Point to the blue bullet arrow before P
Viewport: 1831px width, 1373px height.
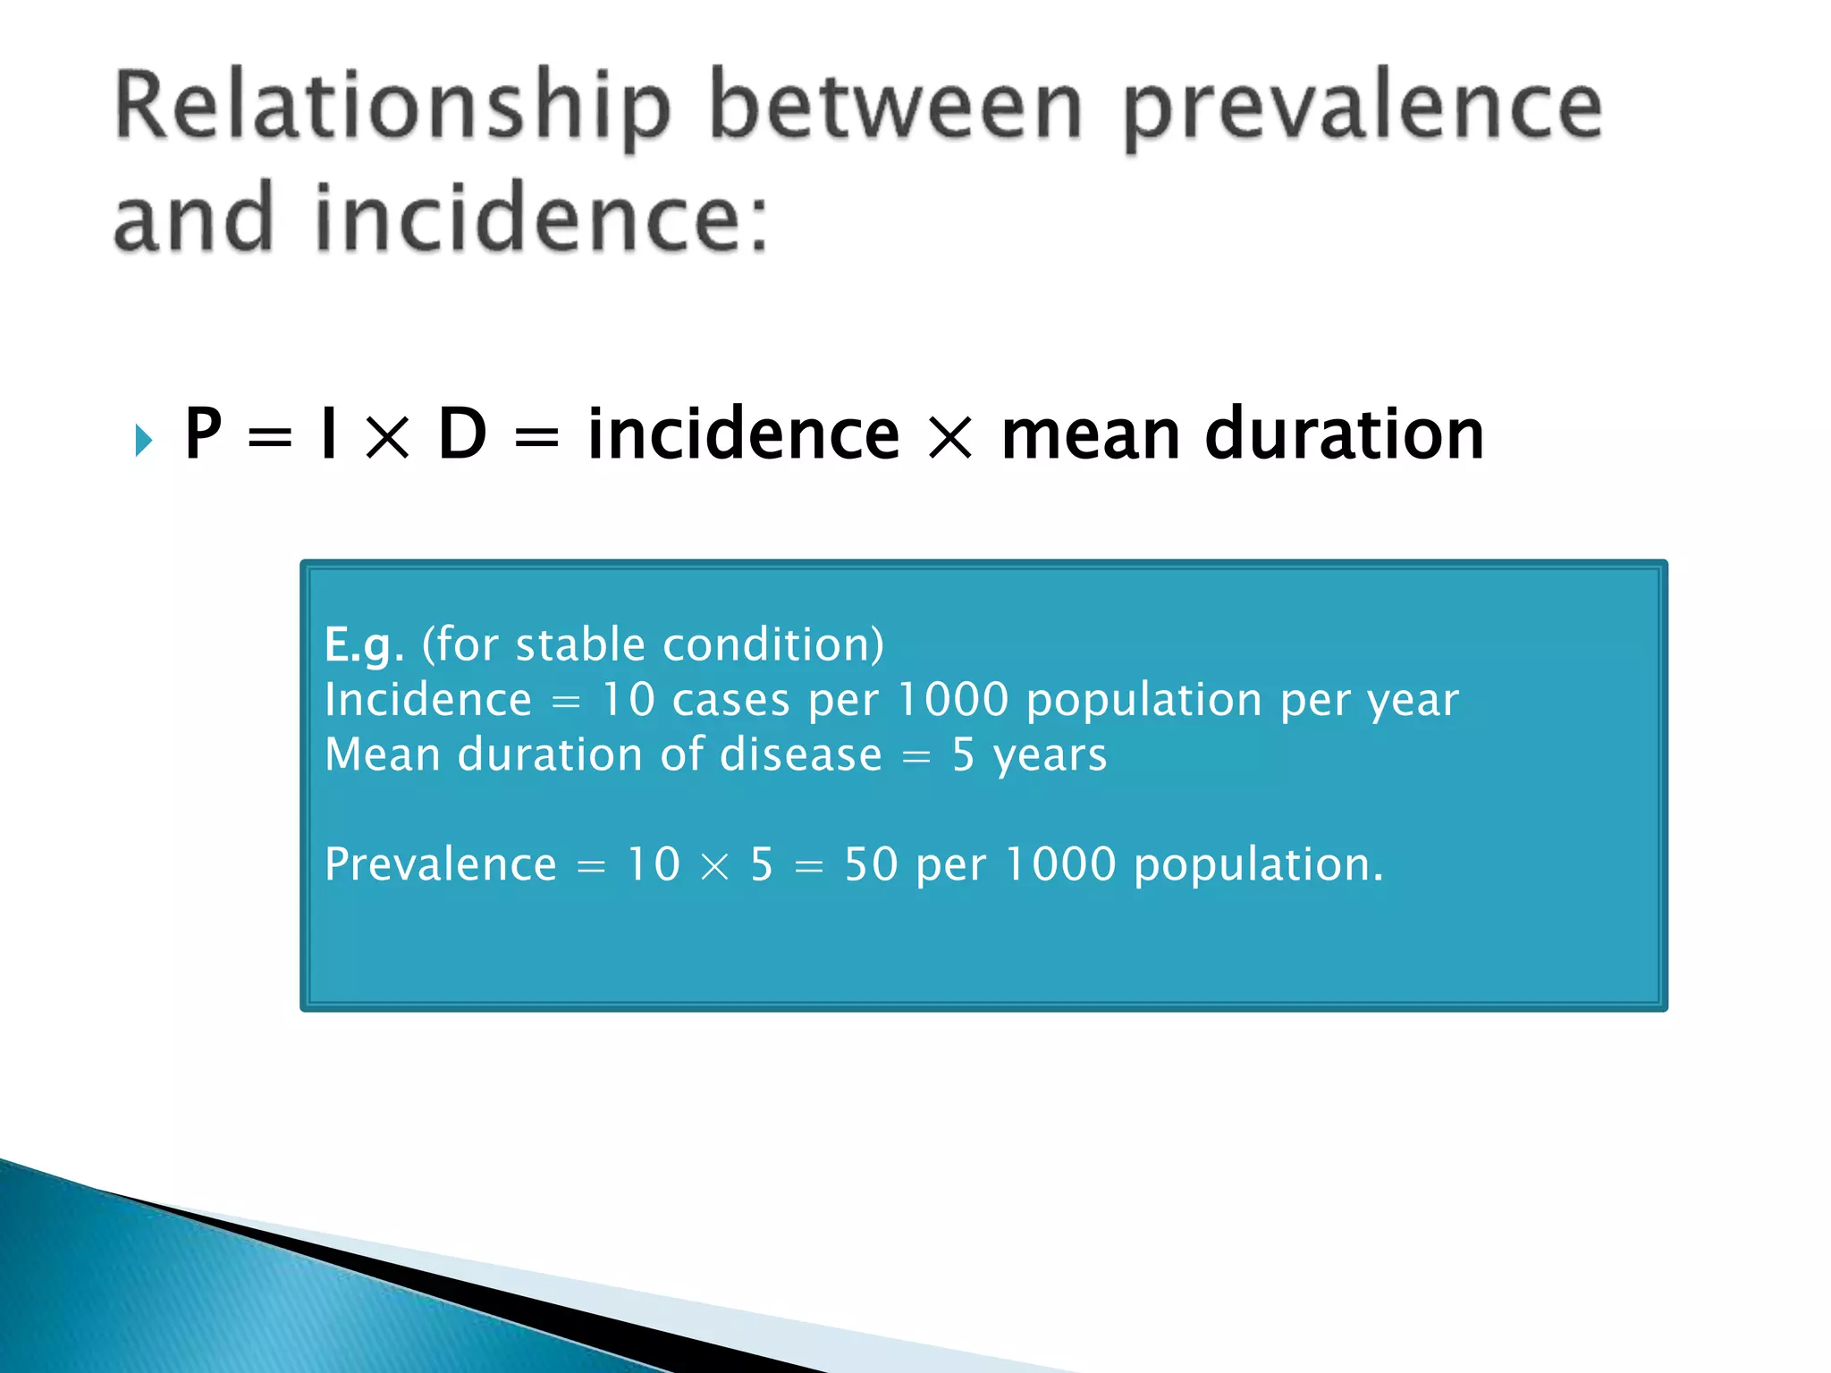tap(143, 440)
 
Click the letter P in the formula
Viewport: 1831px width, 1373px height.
tap(203, 434)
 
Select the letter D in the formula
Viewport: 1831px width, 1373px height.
tap(462, 434)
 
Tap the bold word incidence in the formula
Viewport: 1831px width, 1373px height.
tap(743, 434)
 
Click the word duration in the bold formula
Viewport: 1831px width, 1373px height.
tap(1345, 434)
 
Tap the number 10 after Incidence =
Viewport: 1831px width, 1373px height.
tap(629, 699)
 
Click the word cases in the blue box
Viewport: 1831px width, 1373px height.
tap(730, 699)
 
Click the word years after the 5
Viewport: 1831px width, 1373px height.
tap(1050, 756)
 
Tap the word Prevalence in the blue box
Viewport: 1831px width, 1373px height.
tap(441, 864)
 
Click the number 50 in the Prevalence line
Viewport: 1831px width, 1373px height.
tap(871, 864)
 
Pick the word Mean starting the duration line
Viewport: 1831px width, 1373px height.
tap(383, 754)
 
